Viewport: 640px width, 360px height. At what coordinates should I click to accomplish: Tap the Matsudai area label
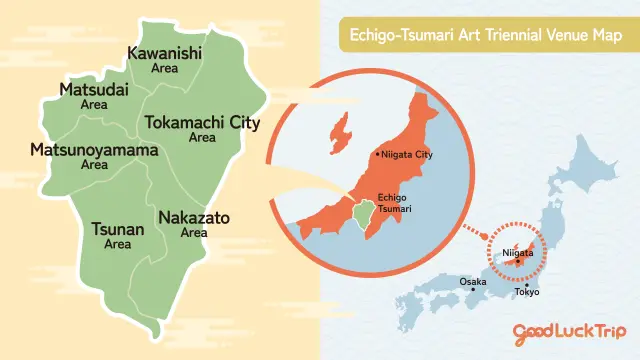[x=93, y=96]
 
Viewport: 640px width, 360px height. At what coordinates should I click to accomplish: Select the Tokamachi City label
[x=202, y=128]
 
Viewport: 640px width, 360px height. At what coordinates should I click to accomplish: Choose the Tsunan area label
[x=118, y=236]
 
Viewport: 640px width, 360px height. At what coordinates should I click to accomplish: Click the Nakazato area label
[x=194, y=223]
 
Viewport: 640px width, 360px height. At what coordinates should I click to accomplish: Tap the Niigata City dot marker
[x=376, y=155]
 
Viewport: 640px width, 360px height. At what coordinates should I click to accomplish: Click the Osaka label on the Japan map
[x=472, y=282]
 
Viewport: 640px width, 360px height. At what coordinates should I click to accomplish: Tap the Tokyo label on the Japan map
[x=527, y=292]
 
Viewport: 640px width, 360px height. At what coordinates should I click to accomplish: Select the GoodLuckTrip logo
[x=566, y=332]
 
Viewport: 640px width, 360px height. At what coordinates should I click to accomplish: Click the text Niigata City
[x=405, y=155]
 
